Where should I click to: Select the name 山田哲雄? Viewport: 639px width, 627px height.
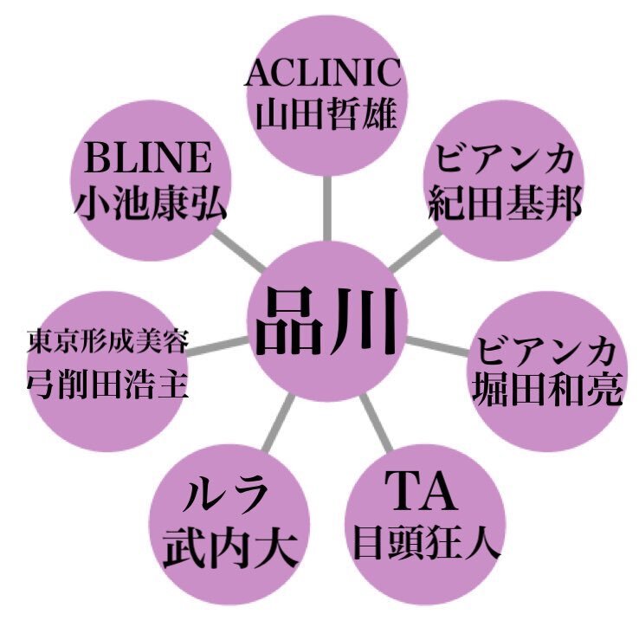[x=326, y=114]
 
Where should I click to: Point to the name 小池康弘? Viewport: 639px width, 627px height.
[x=150, y=203]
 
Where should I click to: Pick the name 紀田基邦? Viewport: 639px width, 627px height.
[x=506, y=203]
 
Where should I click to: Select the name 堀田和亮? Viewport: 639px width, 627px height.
[x=547, y=390]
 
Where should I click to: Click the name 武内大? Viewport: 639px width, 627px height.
[x=229, y=546]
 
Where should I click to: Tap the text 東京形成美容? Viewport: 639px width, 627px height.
[x=107, y=341]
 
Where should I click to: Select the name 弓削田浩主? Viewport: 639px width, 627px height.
[x=107, y=385]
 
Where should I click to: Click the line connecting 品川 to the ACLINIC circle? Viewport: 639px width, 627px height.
[x=326, y=208]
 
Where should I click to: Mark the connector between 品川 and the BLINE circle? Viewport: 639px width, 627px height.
[x=239, y=251]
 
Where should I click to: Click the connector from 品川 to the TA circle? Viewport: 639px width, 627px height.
[x=376, y=423]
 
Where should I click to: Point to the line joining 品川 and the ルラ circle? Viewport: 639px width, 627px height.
[x=278, y=423]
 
